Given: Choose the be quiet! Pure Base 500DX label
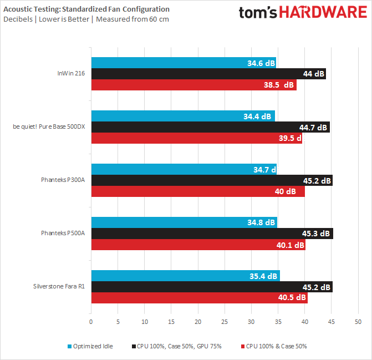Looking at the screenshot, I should click(x=49, y=127).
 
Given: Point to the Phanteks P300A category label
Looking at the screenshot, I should click(x=63, y=180).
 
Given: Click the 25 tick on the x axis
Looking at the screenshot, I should click(x=225, y=321).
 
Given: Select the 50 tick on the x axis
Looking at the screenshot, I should click(x=358, y=321).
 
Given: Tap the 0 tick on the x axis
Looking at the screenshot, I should click(x=91, y=321).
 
